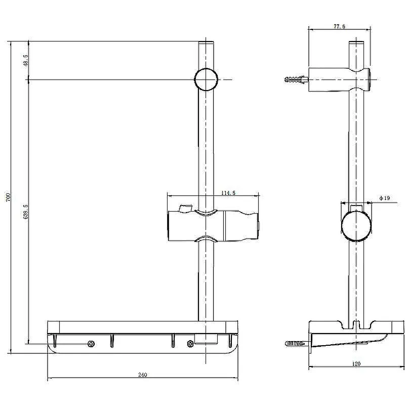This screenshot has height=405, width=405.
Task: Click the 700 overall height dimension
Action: click(8, 197)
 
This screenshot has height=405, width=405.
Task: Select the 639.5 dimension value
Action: click(25, 212)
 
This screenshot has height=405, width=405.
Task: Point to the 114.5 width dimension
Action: click(228, 193)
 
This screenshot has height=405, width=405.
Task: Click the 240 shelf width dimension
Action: click(143, 375)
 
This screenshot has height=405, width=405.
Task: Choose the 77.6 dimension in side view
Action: click(339, 26)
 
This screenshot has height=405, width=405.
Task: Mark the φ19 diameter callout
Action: click(385, 198)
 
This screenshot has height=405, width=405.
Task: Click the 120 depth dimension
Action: click(356, 363)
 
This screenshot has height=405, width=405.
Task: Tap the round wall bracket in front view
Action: click(206, 79)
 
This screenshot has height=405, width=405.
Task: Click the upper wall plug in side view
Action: click(296, 79)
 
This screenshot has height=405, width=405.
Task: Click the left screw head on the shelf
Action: click(91, 344)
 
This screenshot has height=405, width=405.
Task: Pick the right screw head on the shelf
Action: click(190, 344)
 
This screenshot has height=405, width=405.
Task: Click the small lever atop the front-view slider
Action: click(185, 208)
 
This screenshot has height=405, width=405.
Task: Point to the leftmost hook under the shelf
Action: click(55, 341)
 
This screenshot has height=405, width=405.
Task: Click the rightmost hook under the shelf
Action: click(230, 341)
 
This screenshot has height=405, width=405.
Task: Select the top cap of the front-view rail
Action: click(206, 43)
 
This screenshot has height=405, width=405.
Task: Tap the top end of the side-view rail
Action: click(356, 43)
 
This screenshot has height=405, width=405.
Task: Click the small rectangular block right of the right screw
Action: click(206, 339)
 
